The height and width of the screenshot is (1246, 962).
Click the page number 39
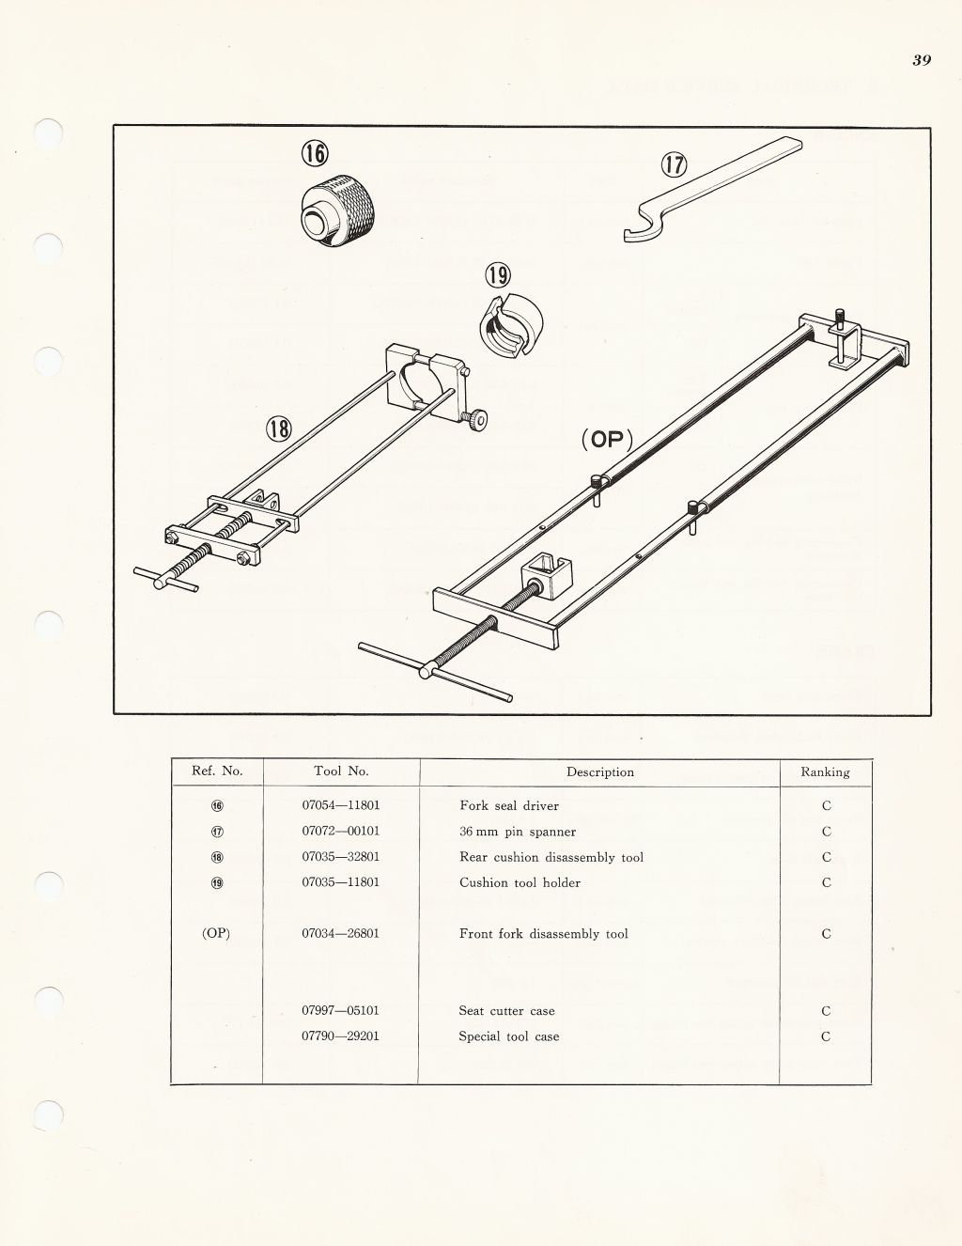coord(921,60)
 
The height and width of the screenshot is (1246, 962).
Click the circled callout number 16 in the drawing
coord(315,153)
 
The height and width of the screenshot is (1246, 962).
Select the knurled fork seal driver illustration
coord(340,212)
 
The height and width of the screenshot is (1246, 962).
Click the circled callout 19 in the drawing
coord(498,275)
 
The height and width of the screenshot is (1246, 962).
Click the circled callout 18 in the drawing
coord(279,429)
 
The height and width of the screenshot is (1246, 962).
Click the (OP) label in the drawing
coord(607,439)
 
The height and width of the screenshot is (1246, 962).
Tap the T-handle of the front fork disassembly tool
coord(435,672)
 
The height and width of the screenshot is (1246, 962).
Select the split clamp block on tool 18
coord(427,383)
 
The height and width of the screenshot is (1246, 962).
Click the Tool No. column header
coord(341,771)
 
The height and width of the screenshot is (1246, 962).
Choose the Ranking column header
coord(825,771)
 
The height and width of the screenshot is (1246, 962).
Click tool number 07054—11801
coord(341,805)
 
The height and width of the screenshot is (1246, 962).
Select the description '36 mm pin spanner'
coord(518,832)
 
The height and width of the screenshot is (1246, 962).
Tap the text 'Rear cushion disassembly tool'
coord(551,857)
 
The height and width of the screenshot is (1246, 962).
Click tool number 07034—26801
coord(341,934)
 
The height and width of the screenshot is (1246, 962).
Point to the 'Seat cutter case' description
coord(506,1011)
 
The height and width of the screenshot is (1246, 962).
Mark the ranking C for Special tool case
coord(826,1036)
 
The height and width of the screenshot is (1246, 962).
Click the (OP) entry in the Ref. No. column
coord(216,934)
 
